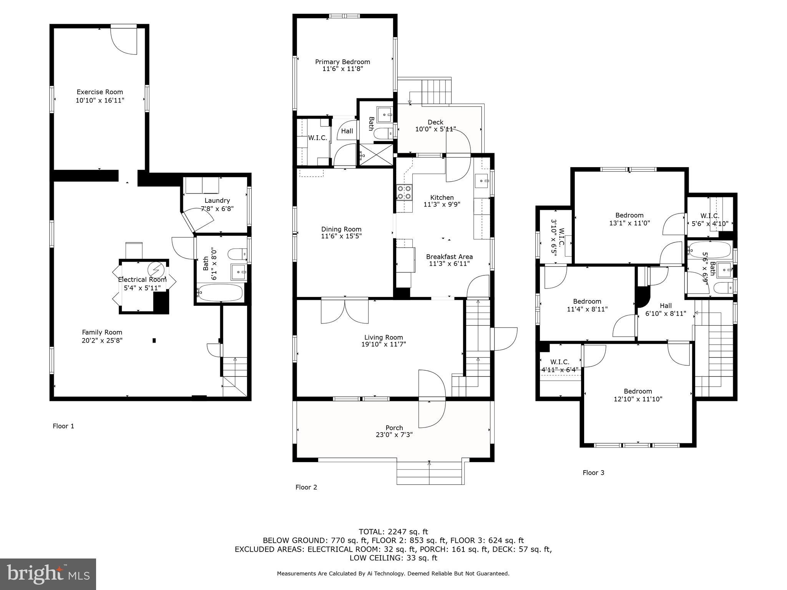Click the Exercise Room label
[100, 92]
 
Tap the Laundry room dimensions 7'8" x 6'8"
[217, 209]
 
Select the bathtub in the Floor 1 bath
[220, 293]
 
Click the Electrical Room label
[142, 280]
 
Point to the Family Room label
[102, 332]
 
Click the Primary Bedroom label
[342, 62]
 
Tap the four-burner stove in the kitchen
[404, 192]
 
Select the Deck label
[435, 122]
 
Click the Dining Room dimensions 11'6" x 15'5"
[341, 236]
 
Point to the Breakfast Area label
[449, 257]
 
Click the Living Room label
[384, 337]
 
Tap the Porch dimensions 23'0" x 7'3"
[394, 435]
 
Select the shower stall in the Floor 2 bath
[376, 155]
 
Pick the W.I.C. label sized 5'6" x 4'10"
[710, 223]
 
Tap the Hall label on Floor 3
[666, 305]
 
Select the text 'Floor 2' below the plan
[306, 487]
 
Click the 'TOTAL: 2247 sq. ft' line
[393, 532]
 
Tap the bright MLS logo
[48, 574]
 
